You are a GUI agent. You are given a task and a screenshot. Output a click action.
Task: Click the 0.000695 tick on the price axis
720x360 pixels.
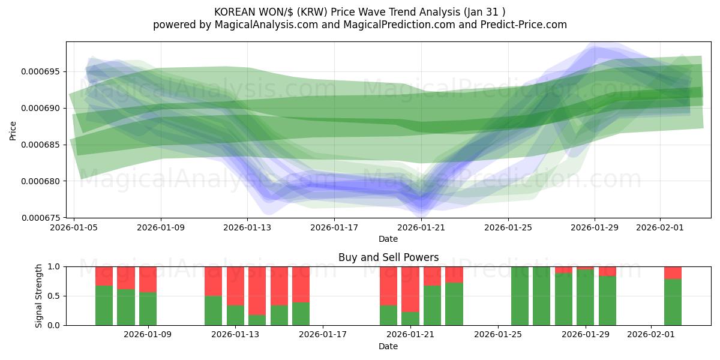click(40, 71)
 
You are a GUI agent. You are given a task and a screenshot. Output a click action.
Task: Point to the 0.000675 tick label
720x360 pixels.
click(40, 217)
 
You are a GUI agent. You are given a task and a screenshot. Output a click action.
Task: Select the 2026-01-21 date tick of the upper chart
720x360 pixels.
click(421, 227)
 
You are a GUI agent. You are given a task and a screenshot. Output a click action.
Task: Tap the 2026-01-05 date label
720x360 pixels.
click(74, 227)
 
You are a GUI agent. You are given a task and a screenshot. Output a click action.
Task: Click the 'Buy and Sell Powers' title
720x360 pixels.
click(388, 257)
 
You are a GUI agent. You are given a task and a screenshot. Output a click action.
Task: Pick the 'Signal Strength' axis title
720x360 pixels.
click(39, 296)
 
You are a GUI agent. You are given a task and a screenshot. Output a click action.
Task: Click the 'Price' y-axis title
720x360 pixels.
click(13, 130)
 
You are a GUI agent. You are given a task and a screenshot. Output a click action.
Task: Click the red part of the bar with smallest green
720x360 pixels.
click(257, 288)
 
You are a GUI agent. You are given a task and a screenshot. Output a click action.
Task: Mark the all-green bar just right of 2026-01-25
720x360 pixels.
click(520, 296)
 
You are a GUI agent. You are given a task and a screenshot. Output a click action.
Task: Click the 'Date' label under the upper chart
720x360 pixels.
click(388, 239)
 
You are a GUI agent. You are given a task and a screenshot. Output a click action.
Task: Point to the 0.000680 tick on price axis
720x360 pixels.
click(40, 181)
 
